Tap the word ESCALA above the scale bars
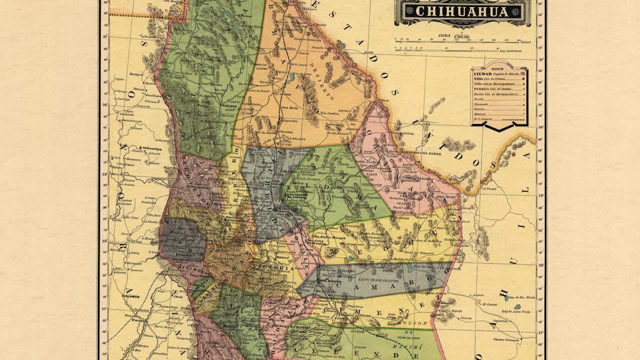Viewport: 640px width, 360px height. pyautogui.click(x=444, y=36)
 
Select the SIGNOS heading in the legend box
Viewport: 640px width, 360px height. pyautogui.click(x=498, y=68)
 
